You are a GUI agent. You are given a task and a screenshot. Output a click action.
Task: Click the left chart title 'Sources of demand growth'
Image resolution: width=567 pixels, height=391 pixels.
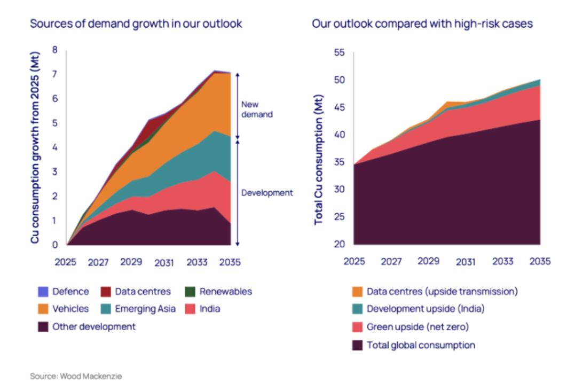coord(136,24)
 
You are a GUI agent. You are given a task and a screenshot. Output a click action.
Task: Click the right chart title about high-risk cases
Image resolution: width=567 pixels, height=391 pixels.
coord(422,24)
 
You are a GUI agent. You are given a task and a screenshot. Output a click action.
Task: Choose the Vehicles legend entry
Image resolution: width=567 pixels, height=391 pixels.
coord(69,309)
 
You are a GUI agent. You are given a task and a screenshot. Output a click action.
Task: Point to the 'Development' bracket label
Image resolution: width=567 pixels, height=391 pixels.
coord(266,193)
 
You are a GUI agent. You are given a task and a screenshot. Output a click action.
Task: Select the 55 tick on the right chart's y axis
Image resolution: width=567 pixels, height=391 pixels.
coord(340,53)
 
